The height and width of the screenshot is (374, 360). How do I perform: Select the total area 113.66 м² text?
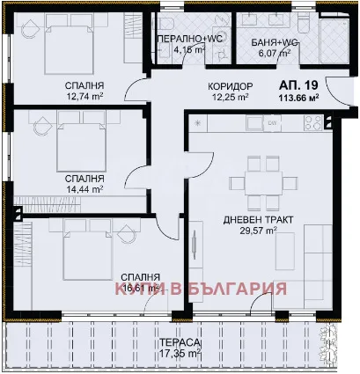(298, 97)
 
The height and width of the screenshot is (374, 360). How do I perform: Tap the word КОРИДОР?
(231, 85)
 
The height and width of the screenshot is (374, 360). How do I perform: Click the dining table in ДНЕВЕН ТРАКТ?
(257, 184)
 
